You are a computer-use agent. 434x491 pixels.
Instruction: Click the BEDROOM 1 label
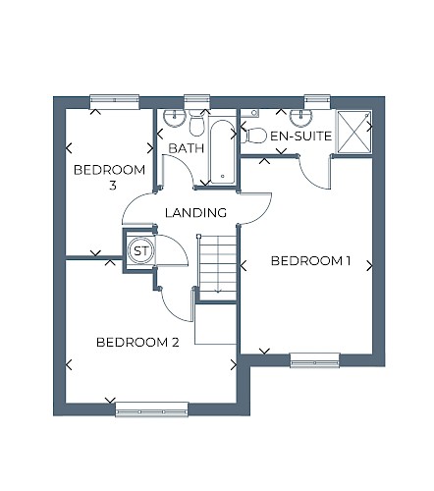coord(310,261)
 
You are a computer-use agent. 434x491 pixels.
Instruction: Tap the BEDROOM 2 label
coord(137,343)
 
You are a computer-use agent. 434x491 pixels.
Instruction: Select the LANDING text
coord(195,213)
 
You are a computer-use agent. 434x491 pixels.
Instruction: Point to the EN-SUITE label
coord(300,136)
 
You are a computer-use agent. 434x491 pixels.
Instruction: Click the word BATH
coord(187,148)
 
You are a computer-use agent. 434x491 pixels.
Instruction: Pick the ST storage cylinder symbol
coord(141,251)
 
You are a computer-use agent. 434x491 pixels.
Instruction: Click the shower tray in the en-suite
coord(354,132)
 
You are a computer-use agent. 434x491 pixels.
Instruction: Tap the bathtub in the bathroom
coord(223,152)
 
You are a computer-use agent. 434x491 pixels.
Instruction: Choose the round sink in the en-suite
coord(301,118)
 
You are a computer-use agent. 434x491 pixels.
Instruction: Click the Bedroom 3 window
coord(115,101)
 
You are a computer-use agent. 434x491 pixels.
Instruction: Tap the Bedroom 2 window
coord(152,409)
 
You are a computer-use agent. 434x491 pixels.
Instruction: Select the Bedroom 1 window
coord(314,359)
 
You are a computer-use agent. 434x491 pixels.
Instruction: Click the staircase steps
coord(218,267)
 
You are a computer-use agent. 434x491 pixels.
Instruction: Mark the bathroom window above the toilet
coord(196,101)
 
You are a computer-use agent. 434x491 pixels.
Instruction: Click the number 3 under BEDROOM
coord(113,186)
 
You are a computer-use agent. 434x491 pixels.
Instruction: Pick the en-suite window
coord(317,101)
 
